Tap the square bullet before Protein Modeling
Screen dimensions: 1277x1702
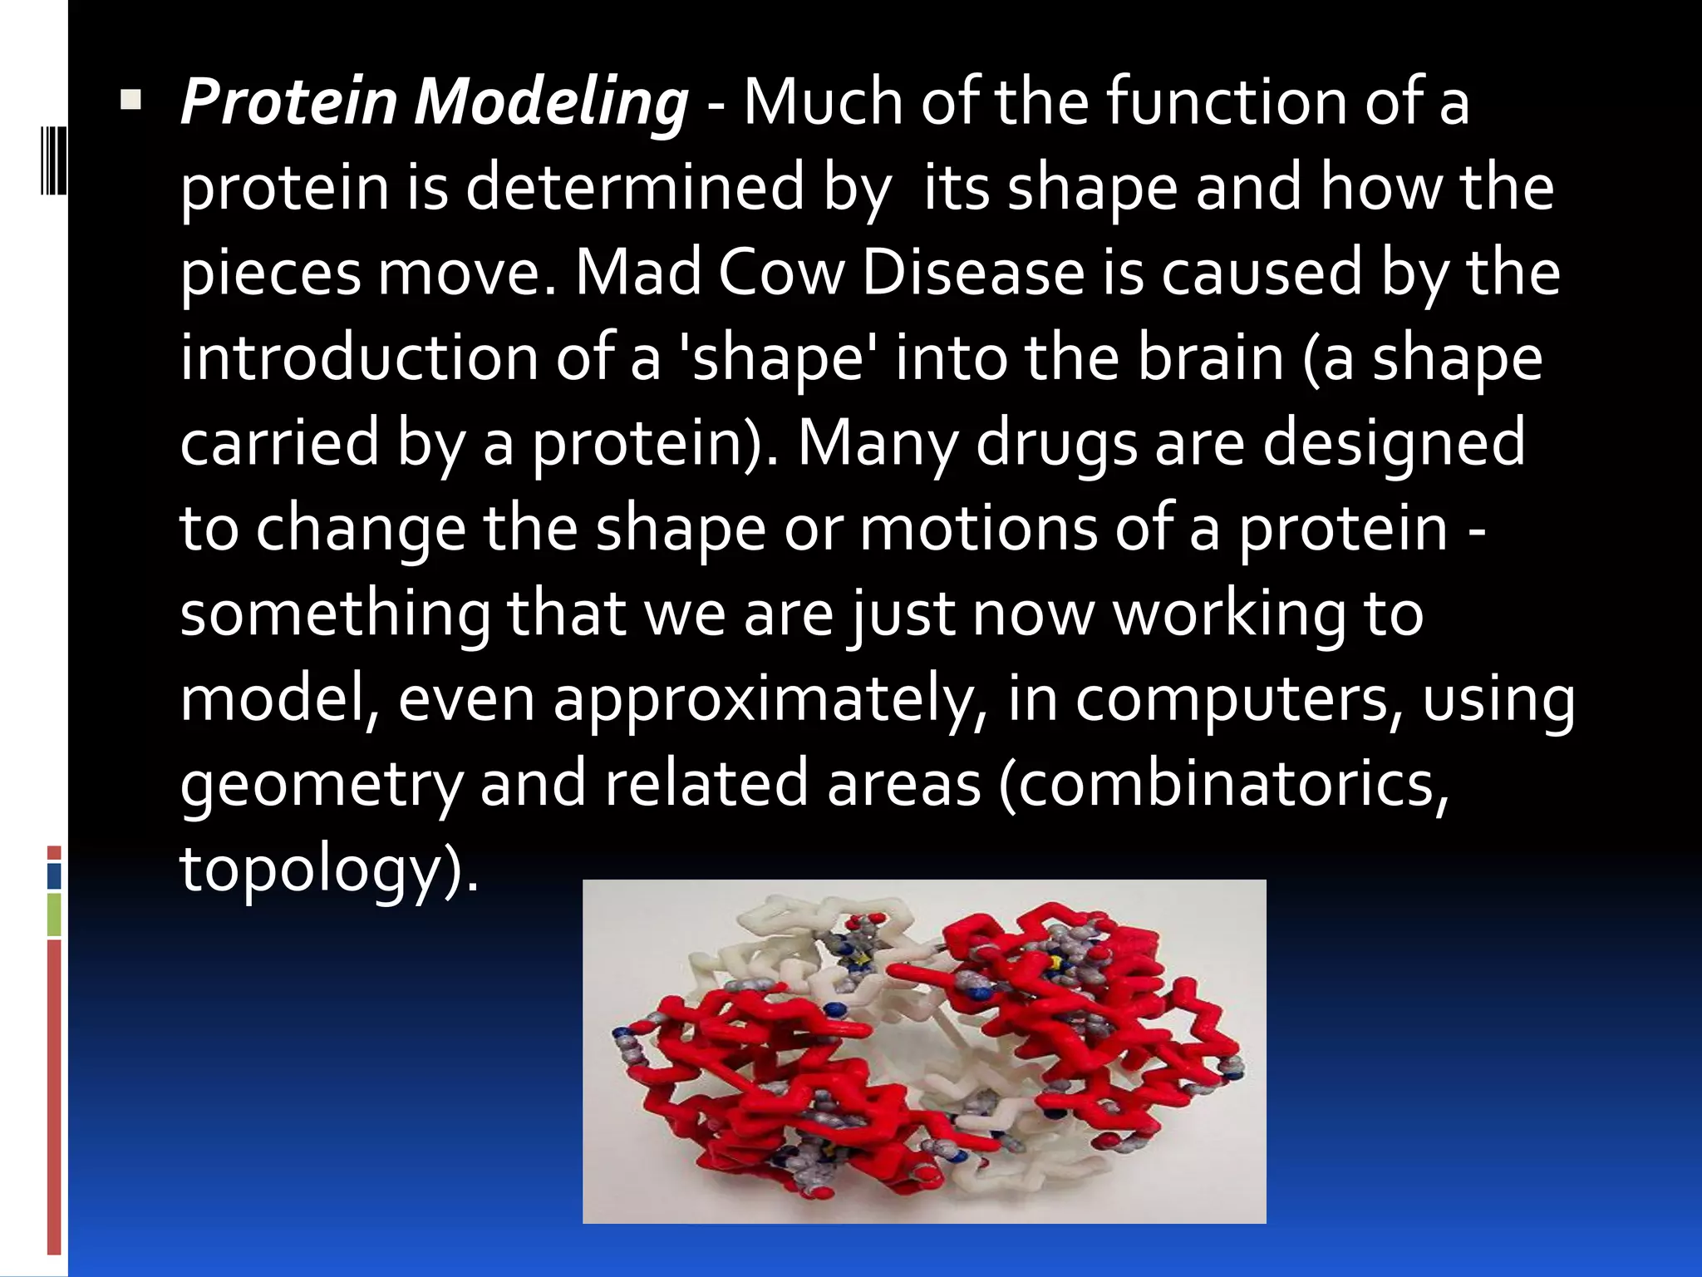130,102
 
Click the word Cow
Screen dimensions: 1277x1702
781,274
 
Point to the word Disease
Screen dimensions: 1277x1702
973,274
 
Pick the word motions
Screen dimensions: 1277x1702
977,530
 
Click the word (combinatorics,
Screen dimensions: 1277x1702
1223,786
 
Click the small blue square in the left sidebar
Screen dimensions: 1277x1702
54,875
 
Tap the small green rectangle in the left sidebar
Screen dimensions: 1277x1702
54,914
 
